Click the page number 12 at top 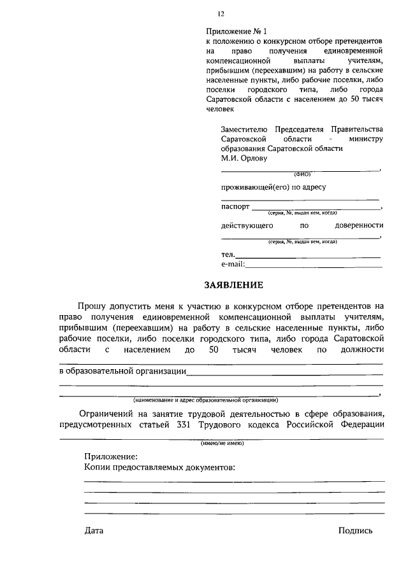(221, 14)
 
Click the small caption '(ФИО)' (302, 174)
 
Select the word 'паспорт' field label (235, 207)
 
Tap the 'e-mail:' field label (232, 264)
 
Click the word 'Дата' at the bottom (93, 530)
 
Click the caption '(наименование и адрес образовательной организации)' (205, 400)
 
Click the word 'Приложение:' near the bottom (110, 456)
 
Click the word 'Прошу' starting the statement (92, 307)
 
